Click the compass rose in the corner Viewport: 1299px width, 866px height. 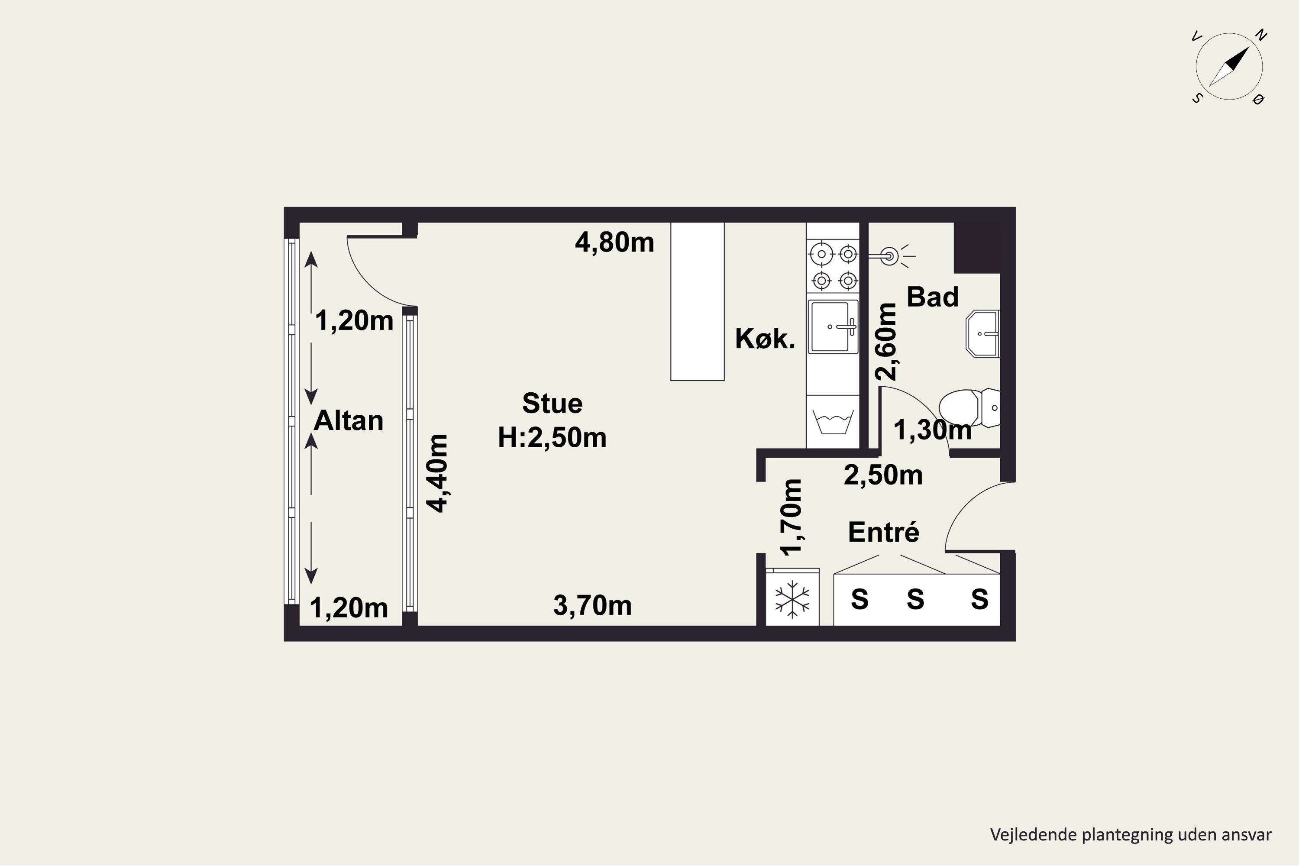coord(1229,67)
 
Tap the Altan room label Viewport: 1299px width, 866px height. coord(349,421)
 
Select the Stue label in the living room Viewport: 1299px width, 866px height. coord(553,403)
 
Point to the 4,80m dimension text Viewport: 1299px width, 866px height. coord(615,242)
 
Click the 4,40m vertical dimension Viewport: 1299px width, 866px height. coord(437,473)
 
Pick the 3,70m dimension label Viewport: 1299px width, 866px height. coord(593,606)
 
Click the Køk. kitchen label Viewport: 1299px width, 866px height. coord(765,339)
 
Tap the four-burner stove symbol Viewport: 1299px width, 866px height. coord(833,267)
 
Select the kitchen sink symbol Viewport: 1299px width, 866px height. coord(833,326)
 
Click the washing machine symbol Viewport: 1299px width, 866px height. coord(833,421)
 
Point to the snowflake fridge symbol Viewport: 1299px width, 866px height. coord(792,598)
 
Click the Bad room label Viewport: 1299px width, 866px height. coord(933,297)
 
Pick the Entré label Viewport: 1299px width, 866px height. coord(884,532)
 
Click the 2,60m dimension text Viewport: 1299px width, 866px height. coord(886,341)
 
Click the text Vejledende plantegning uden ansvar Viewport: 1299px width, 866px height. coord(1131,834)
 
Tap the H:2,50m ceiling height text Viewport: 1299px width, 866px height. coord(553,437)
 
